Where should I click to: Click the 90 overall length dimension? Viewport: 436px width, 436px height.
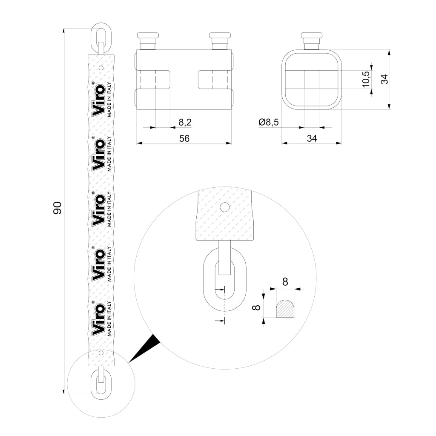point(57,208)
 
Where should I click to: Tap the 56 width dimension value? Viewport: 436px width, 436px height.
point(184,138)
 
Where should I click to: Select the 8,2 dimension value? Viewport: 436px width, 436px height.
point(185,122)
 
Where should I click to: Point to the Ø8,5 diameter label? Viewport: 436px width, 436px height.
point(268,122)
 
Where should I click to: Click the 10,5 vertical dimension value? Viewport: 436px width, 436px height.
point(366,79)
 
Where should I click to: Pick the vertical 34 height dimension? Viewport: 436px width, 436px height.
point(384,79)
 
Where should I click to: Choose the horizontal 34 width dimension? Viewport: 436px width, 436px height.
point(312,138)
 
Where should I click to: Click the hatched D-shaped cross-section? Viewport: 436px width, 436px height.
point(285,309)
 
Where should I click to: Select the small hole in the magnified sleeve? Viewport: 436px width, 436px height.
point(225,207)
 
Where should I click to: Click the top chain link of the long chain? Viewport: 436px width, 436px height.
point(101,39)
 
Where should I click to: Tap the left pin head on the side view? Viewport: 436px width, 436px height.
point(148,40)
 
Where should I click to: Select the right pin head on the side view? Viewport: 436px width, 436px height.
point(220,40)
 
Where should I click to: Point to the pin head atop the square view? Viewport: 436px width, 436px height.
point(312,40)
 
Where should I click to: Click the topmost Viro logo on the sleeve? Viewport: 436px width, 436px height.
point(98,99)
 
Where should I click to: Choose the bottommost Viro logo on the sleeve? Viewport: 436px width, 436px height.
point(98,318)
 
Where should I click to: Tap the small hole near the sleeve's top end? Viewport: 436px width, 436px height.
point(101,68)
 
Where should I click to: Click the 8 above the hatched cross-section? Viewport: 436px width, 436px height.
point(285,282)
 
